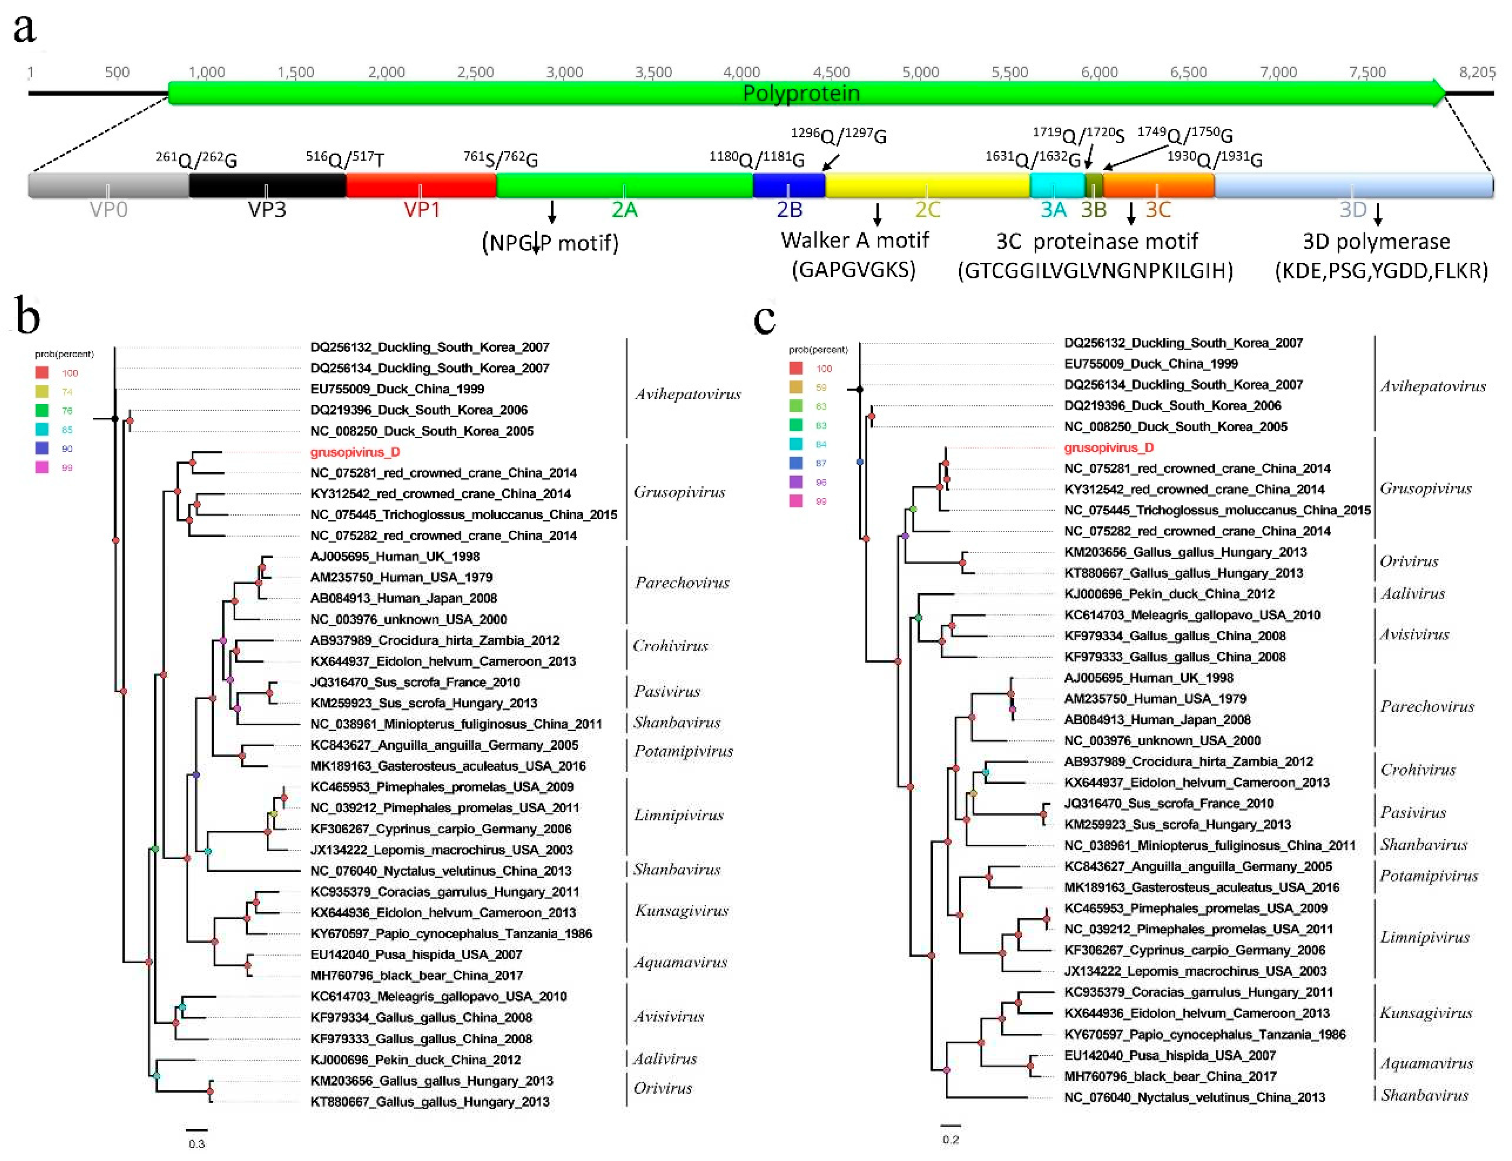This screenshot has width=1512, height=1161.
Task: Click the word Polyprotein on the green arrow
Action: [801, 93]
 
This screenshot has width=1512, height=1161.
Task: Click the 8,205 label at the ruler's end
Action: [1477, 72]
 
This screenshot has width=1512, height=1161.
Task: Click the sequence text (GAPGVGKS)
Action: [854, 269]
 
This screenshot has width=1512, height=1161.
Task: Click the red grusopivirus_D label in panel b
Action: [355, 452]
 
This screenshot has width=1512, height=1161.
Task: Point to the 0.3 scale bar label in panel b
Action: [197, 1144]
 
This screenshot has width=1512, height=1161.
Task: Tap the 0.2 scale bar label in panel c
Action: [951, 1139]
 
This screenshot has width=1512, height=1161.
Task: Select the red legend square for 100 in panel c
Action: [796, 368]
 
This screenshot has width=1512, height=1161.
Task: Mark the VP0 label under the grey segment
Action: [109, 210]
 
